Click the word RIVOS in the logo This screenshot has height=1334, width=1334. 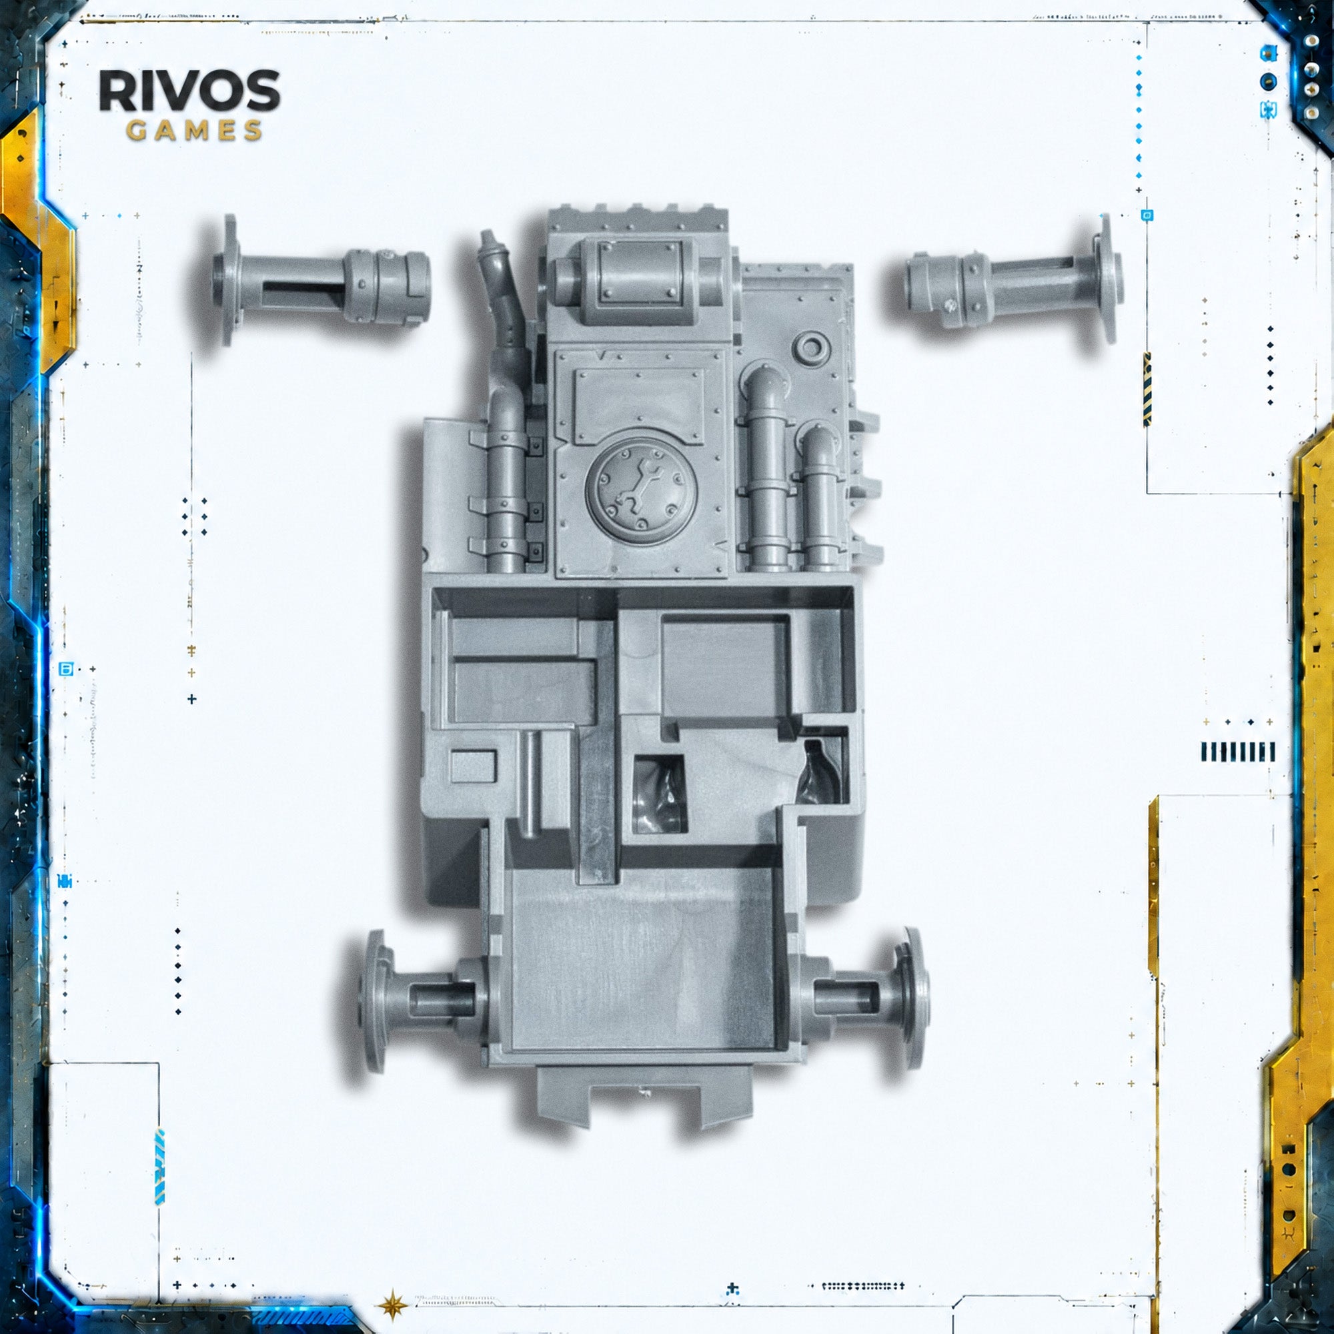(x=190, y=91)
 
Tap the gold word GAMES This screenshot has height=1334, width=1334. (x=194, y=131)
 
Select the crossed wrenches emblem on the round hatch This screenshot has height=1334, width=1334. (x=640, y=489)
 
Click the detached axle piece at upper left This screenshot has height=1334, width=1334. (x=321, y=280)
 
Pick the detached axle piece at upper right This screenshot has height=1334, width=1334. (x=1014, y=279)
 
